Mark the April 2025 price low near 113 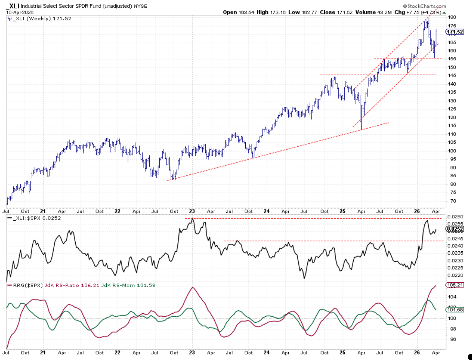[362, 129]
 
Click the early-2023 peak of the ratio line [192, 219]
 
